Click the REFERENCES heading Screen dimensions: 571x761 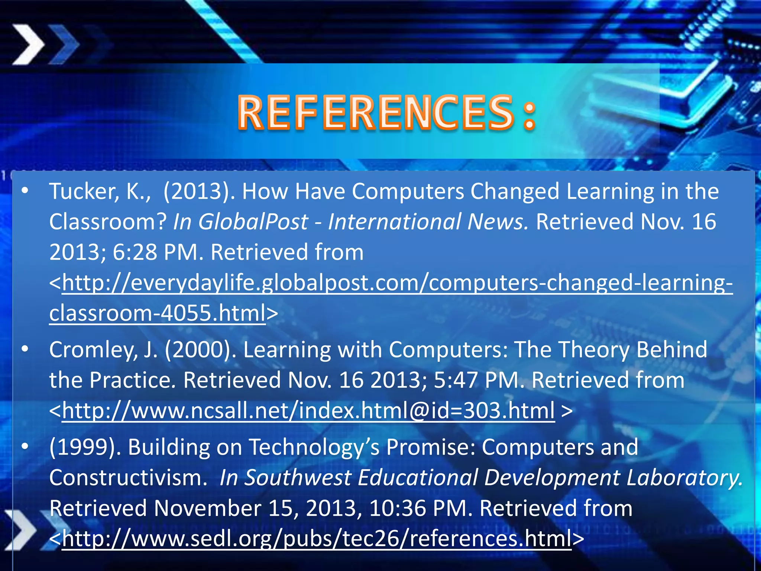click(386, 112)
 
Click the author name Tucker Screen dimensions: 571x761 click(84, 192)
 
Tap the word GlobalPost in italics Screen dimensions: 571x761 click(253, 222)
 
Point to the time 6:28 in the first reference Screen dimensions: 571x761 click(135, 252)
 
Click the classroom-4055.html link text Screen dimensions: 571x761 click(157, 313)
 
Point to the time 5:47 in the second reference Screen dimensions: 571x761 click(455, 381)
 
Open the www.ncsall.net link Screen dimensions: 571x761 click(308, 411)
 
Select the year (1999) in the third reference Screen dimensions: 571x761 click(85, 447)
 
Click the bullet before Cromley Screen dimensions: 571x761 click(25, 349)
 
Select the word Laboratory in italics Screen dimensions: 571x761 click(684, 478)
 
